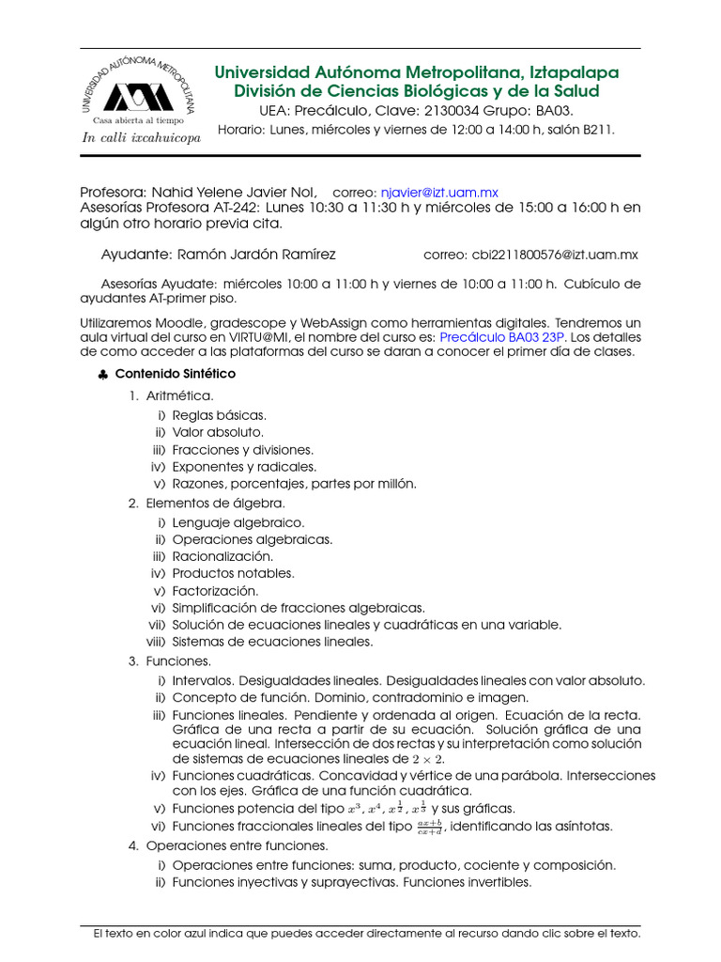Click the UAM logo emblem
pos(138,96)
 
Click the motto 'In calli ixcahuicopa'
pos(141,138)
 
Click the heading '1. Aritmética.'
pos(172,396)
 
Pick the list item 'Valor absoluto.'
pos(218,432)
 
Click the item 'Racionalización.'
pos(222,556)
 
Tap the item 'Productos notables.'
pos(233,573)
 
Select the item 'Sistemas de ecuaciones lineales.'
pos(272,642)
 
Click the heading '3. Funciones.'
pos(170,661)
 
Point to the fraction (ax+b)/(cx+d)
pos(430,827)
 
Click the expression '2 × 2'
pos(427,758)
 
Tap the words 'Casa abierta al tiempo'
pos(137,120)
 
